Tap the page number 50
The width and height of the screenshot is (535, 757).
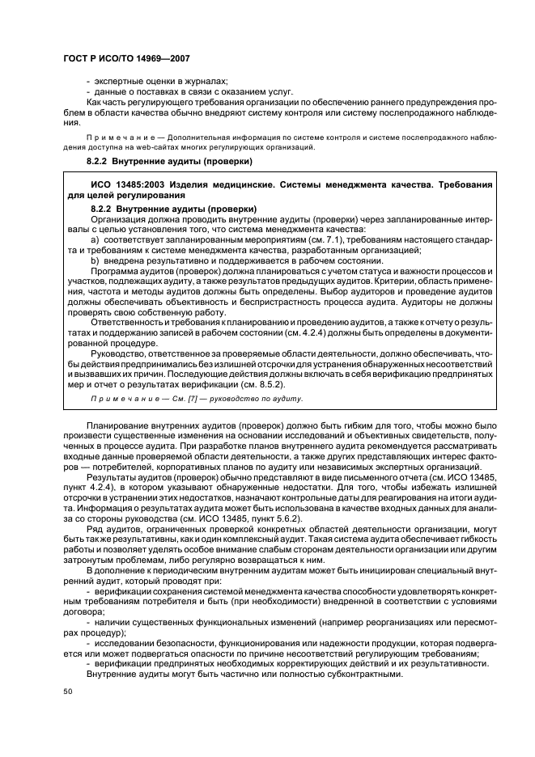tap(68, 692)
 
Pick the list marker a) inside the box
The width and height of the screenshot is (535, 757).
tap(94, 241)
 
